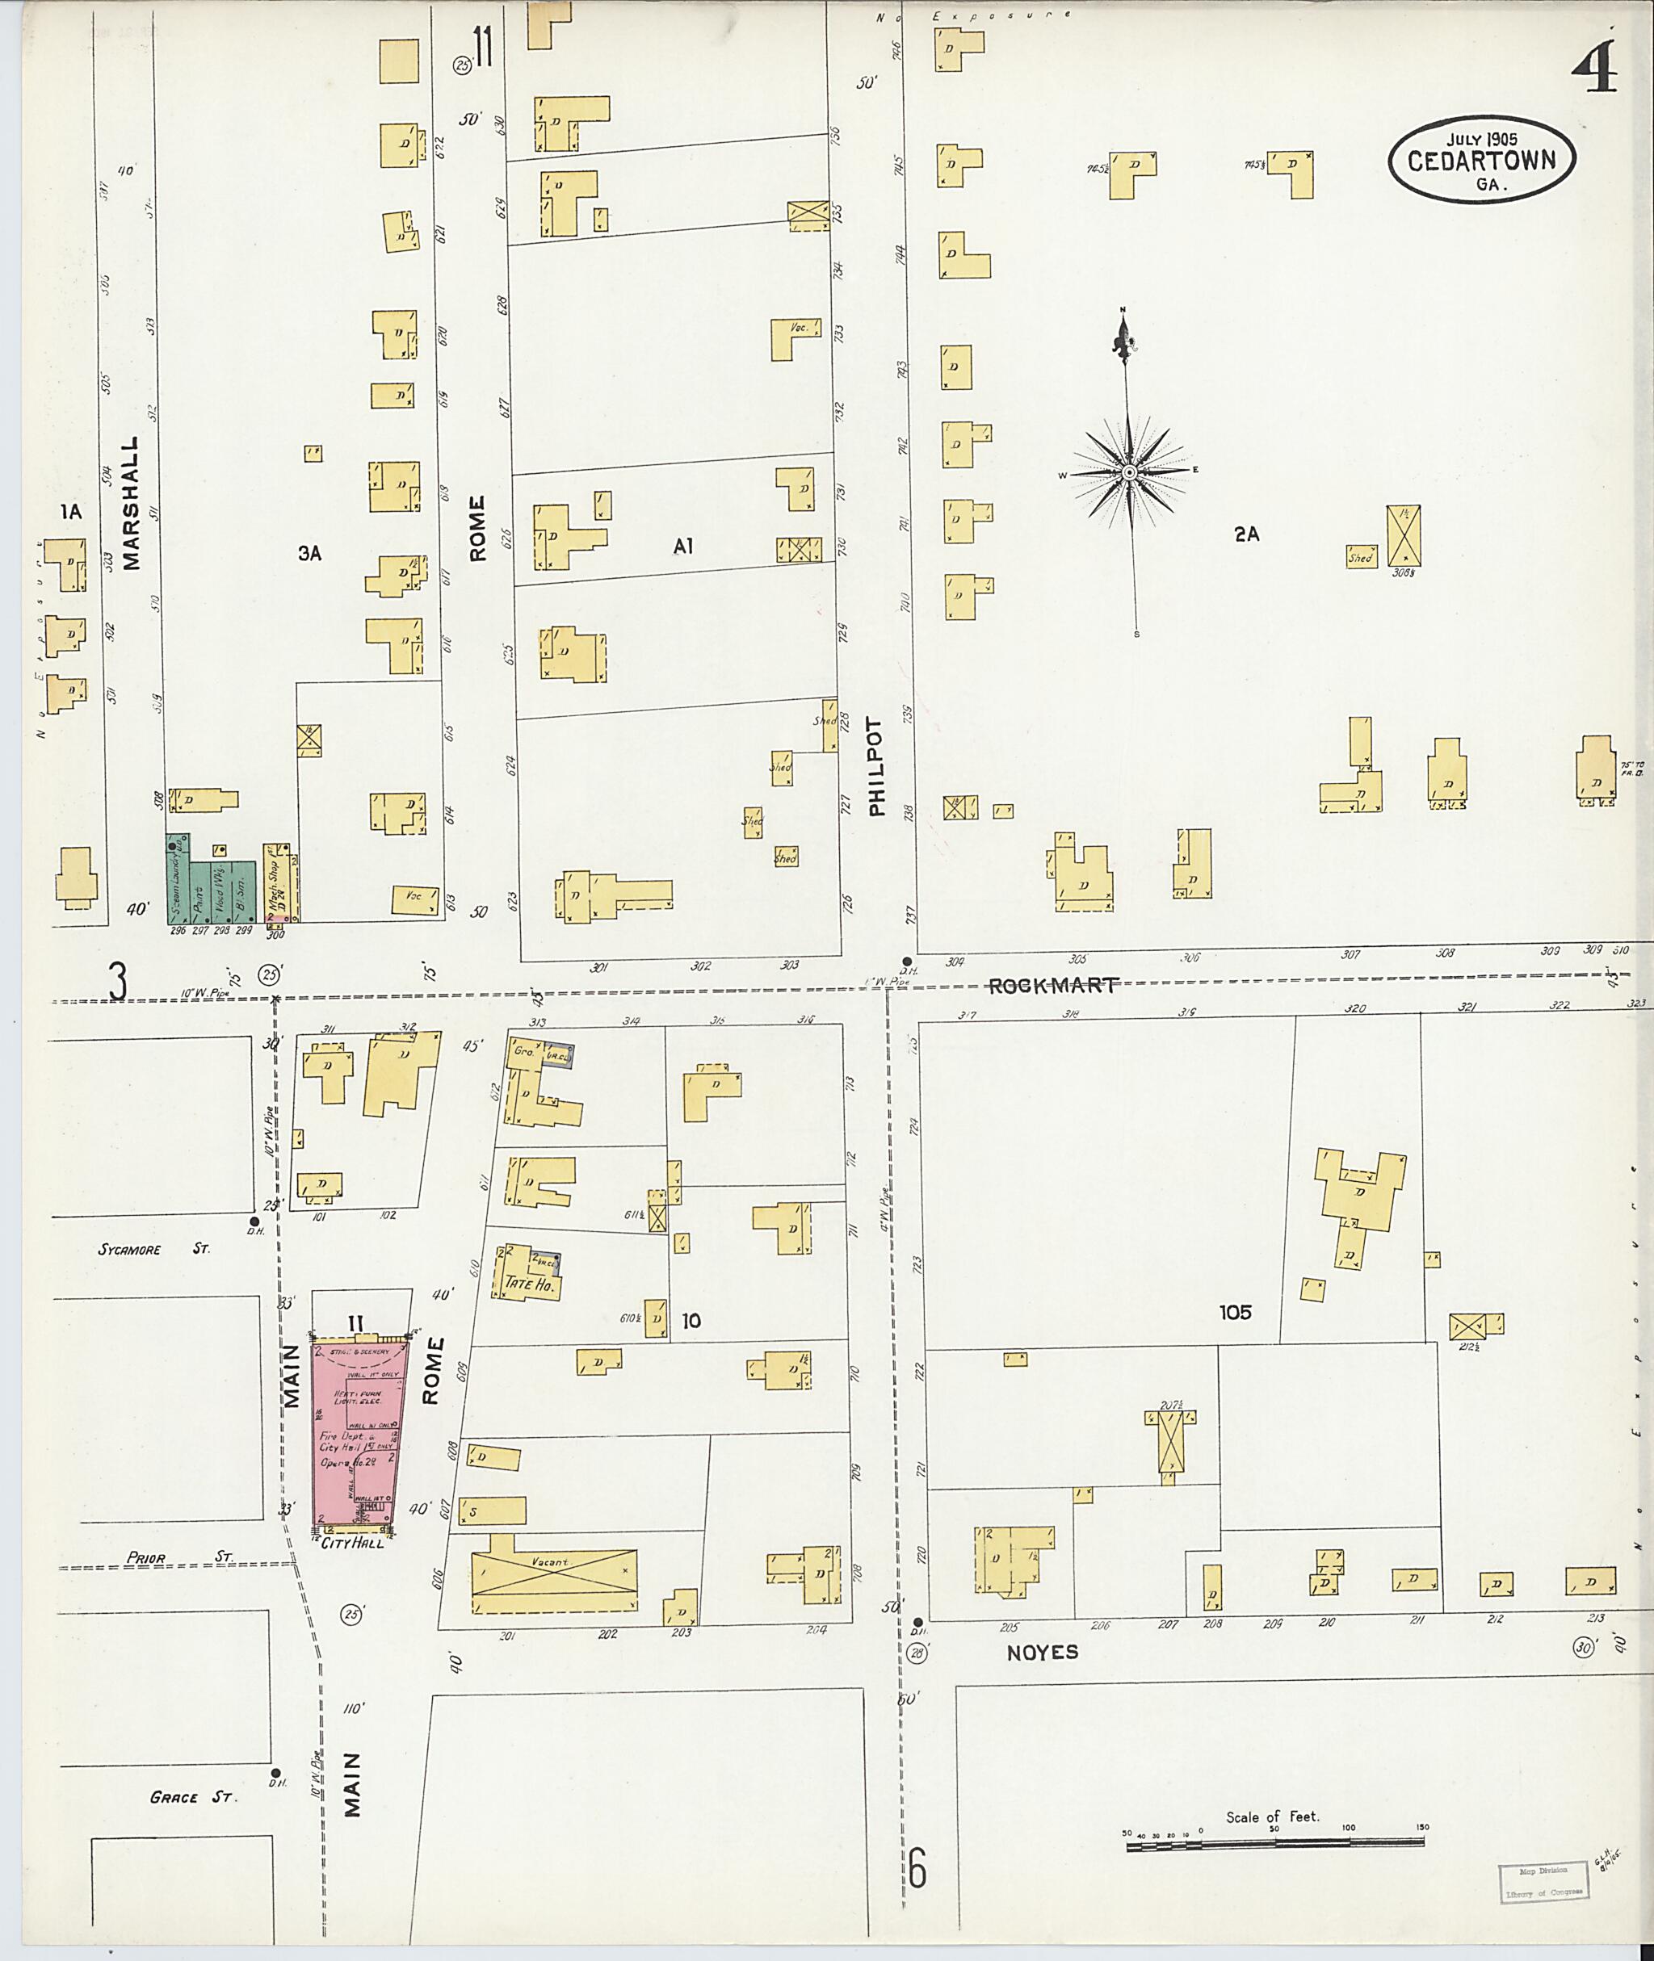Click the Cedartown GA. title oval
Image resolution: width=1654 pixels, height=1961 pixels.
coord(1481,159)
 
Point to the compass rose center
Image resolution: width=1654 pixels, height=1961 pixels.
coord(1130,472)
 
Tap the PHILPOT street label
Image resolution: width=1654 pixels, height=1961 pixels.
coord(877,766)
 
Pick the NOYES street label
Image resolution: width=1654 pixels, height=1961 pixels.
coord(1043,1653)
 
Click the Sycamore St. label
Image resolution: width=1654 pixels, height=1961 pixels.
coord(155,1250)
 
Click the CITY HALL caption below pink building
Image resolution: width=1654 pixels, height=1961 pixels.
coord(353,1543)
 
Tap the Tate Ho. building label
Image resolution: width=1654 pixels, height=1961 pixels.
coord(530,1285)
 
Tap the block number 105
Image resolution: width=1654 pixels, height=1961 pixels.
coord(1235,1313)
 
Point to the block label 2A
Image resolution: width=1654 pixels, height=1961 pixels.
coord(1246,534)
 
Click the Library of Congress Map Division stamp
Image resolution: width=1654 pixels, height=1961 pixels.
coord(1543,1881)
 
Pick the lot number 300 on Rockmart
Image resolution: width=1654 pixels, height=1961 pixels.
coord(275,935)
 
